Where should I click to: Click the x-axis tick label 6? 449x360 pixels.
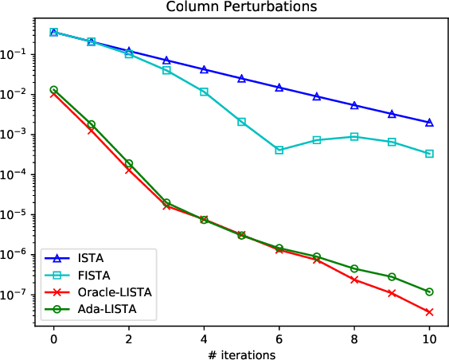279,338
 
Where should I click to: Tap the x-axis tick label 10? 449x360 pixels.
430,338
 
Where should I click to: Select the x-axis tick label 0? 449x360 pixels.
53,338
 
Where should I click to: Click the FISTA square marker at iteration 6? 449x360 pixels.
279,150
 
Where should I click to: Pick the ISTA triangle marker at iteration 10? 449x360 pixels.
430,123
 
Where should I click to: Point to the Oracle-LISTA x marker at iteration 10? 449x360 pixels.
430,311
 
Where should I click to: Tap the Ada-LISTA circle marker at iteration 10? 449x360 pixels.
430,292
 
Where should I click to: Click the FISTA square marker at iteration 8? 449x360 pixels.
354,136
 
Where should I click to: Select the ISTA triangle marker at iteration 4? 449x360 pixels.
204,69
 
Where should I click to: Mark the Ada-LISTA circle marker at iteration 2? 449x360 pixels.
129,163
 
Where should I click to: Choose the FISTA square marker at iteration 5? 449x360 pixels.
242,122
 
